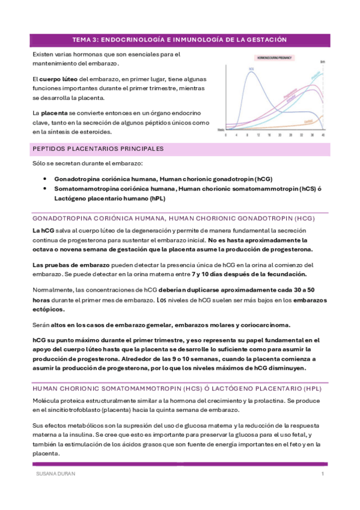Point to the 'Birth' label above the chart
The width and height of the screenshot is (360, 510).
323,61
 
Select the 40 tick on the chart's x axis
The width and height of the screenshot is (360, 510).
323,135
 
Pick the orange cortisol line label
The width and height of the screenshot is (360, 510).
307,121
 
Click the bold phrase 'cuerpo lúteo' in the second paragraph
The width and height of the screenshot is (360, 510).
58,79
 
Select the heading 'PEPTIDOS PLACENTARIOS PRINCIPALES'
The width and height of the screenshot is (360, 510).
97,149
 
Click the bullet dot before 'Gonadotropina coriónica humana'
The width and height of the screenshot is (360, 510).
46,179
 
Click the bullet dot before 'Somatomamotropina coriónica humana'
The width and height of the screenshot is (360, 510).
46,188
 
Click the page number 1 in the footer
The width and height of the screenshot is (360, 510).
323,475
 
